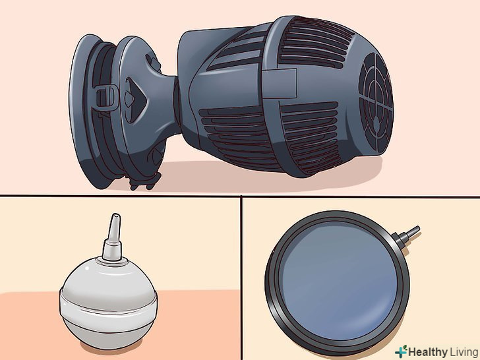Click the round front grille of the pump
click(x=376, y=104)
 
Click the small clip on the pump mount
click(x=107, y=98)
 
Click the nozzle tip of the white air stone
click(x=115, y=216)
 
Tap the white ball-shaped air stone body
click(x=109, y=303)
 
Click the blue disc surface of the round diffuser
click(x=339, y=280)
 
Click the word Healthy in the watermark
click(x=428, y=351)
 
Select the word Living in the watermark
click(x=464, y=351)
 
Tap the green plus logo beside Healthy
click(x=401, y=351)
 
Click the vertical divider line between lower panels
click(x=242, y=278)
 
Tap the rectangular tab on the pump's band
click(x=279, y=84)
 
